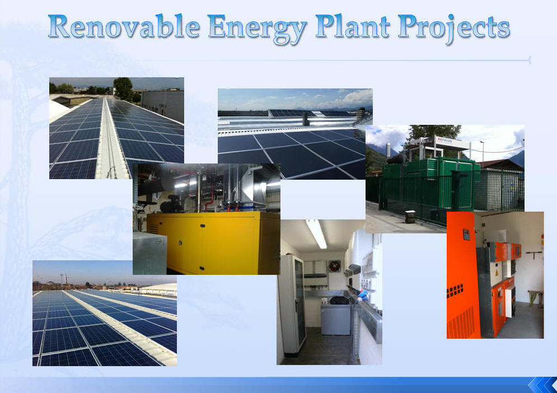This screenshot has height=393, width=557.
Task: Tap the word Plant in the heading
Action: click(352, 26)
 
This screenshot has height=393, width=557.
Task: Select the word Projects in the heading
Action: click(454, 29)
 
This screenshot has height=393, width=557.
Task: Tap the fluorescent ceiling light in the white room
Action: click(316, 234)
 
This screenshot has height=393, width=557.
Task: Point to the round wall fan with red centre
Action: click(334, 266)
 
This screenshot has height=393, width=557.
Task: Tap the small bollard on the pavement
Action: click(410, 217)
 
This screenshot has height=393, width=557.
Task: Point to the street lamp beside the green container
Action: click(482, 152)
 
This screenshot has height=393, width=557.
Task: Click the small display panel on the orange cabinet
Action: click(467, 235)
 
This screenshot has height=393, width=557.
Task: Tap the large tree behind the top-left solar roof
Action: click(124, 88)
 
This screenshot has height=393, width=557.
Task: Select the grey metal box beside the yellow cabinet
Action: click(149, 254)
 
